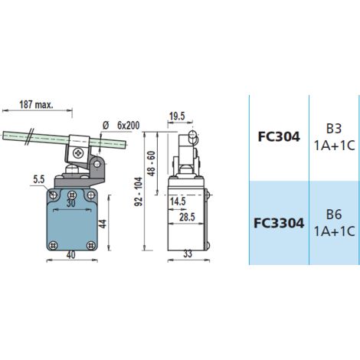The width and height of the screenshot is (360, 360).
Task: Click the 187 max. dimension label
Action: pyautogui.click(x=36, y=104)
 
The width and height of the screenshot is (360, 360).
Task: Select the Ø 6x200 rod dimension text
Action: pyautogui.click(x=121, y=126)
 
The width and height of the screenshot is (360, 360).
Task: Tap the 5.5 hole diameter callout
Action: pyautogui.click(x=39, y=180)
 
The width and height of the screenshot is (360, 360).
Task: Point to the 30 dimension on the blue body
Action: pyautogui.click(x=71, y=203)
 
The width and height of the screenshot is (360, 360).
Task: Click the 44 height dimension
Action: pyautogui.click(x=103, y=224)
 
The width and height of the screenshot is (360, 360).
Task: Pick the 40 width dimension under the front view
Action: pyautogui.click(x=70, y=255)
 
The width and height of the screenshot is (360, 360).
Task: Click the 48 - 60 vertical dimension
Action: pyautogui.click(x=152, y=163)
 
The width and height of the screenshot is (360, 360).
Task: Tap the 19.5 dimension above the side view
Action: pyautogui.click(x=177, y=116)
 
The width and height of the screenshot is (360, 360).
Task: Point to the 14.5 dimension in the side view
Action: pyautogui.click(x=178, y=201)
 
